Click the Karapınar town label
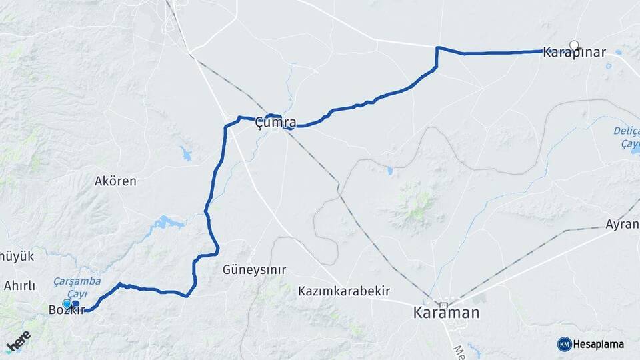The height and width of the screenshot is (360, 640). tap(575, 52)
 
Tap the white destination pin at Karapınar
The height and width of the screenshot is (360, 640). tap(574, 46)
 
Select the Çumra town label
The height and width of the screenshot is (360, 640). tap(275, 123)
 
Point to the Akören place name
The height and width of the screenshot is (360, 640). tap(115, 181)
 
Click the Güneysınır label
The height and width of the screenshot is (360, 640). tap(254, 270)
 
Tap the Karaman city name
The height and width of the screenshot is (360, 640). tap(446, 312)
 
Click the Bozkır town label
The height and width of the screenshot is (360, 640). tap(67, 310)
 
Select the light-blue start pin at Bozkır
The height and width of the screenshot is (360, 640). tap(67, 304)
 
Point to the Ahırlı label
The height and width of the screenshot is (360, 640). tap(19, 286)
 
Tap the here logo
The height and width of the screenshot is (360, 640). tap(18, 340)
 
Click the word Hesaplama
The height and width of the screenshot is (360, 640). tap(598, 344)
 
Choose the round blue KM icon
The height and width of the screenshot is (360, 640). tap(564, 344)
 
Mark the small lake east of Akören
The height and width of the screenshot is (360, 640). tap(185, 155)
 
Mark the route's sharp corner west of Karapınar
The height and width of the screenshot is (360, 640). tap(437, 48)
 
